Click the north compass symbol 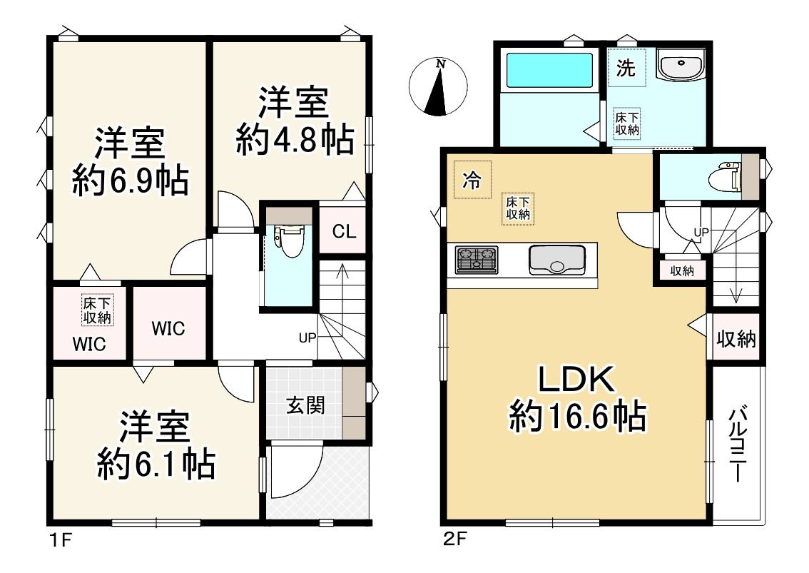tap(438, 86)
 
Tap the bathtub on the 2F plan tap(549, 70)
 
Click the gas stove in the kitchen tap(477, 260)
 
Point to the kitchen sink tap(557, 260)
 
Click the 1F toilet tap(290, 240)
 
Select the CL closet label tap(344, 231)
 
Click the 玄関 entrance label tap(305, 406)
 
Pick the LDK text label tap(576, 380)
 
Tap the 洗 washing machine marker tap(626, 68)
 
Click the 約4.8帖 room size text tap(295, 140)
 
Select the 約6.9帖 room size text tap(130, 180)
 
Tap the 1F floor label tap(61, 540)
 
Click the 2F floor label tap(454, 539)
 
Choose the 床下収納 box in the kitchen tap(518, 208)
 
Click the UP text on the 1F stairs tap(307, 338)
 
